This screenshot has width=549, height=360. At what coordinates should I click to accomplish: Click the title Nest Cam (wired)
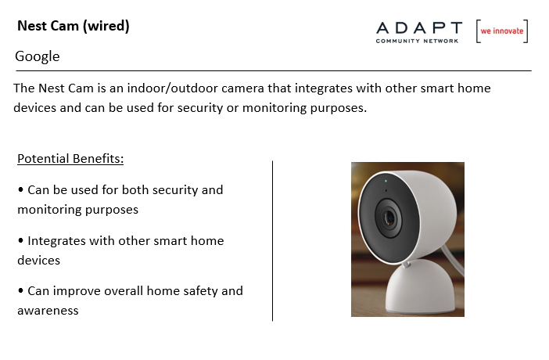click(x=74, y=27)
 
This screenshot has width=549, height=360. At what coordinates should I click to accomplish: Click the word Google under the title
click(x=37, y=57)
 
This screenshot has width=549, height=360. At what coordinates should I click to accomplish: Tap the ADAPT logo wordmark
click(x=419, y=28)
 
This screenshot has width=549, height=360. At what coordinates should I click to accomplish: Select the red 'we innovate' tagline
click(x=502, y=31)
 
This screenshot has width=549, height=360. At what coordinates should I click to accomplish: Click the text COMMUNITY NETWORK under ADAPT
click(x=417, y=41)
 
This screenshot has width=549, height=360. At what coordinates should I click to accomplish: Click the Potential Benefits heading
click(x=70, y=159)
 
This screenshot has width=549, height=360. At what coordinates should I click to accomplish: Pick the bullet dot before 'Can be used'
click(x=20, y=189)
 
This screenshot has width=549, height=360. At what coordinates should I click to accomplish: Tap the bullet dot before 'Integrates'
click(x=20, y=240)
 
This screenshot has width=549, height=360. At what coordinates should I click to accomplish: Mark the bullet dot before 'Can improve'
click(x=20, y=290)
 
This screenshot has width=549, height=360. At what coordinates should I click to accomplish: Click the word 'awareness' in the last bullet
click(x=48, y=311)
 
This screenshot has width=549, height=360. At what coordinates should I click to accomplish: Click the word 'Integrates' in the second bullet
click(x=57, y=241)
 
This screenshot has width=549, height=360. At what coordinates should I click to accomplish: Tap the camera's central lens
click(x=389, y=218)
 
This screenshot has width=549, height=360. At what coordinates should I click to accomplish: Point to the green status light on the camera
click(x=386, y=182)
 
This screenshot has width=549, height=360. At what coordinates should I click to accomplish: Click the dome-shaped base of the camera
click(x=420, y=286)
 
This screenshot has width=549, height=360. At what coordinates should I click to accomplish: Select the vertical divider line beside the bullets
click(x=272, y=241)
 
